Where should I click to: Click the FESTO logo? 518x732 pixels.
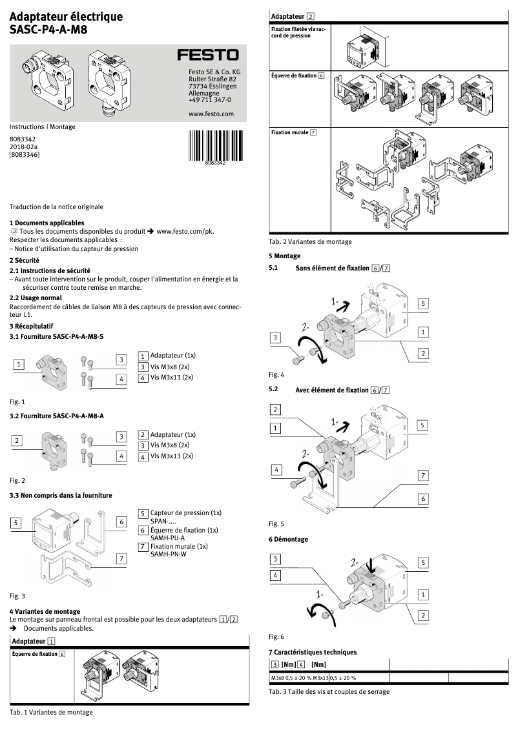[207, 56]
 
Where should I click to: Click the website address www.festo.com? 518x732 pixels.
[211, 114]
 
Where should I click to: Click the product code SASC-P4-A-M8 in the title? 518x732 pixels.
[48, 29]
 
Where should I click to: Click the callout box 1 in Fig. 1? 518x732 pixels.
[19, 365]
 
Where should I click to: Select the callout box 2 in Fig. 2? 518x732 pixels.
[19, 440]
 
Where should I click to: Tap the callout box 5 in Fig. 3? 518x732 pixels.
[17, 522]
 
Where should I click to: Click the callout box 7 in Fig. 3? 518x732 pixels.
[121, 558]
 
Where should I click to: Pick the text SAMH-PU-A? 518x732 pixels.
[167, 538]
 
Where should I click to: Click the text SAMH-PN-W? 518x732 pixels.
[168, 554]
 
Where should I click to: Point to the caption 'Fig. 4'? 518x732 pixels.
[276, 374]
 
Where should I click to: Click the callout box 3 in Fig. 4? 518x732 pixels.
[276, 337]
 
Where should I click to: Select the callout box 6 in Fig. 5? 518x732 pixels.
[423, 499]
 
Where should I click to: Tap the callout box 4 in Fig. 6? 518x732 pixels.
[276, 574]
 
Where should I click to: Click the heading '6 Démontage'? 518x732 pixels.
[288, 539]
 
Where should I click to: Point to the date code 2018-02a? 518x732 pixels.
[23, 147]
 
